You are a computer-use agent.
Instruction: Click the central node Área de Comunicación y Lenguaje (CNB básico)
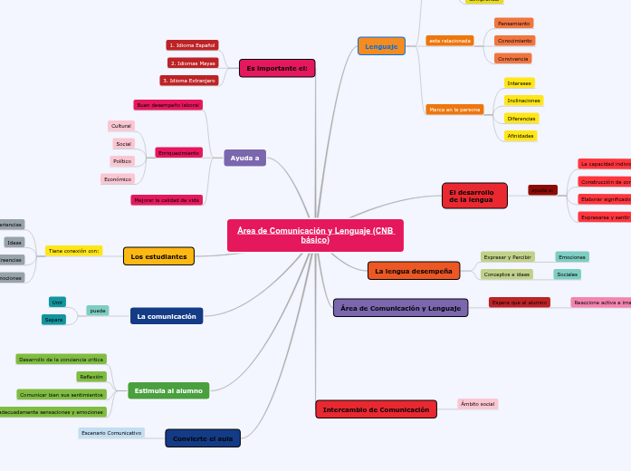[315, 235]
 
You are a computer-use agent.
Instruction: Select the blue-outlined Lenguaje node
[381, 46]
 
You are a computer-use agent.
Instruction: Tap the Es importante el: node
[277, 69]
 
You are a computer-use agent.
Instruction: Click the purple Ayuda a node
[244, 159]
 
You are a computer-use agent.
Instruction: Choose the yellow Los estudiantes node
[158, 256]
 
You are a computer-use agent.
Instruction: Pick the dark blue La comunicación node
[167, 316]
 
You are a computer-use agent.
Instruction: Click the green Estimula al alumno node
[168, 390]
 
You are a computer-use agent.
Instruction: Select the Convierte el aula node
[203, 438]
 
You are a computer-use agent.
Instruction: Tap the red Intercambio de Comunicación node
[376, 409]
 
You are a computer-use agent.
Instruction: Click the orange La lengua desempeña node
[414, 271]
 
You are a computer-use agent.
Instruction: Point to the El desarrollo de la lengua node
[474, 196]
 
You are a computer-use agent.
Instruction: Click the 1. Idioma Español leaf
[192, 45]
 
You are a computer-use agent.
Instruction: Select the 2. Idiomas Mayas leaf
[193, 63]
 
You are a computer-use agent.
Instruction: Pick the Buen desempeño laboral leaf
[168, 105]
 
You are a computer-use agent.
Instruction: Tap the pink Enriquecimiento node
[179, 153]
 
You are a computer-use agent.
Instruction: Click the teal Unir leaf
[57, 302]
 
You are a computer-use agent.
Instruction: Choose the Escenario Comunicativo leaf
[111, 433]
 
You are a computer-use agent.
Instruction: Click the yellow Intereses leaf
[520, 83]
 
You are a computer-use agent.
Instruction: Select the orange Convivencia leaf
[513, 59]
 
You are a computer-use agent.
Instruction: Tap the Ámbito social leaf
[477, 404]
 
